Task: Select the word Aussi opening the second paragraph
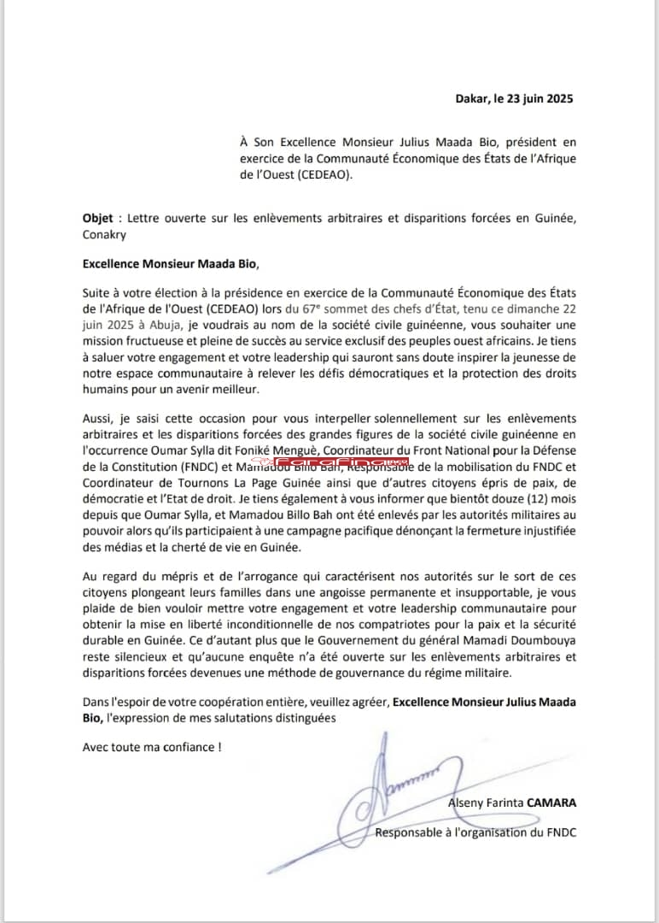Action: point(97,418)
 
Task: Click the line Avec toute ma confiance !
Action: point(152,746)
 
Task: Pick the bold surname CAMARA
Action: point(551,803)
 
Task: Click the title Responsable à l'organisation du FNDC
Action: point(475,832)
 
